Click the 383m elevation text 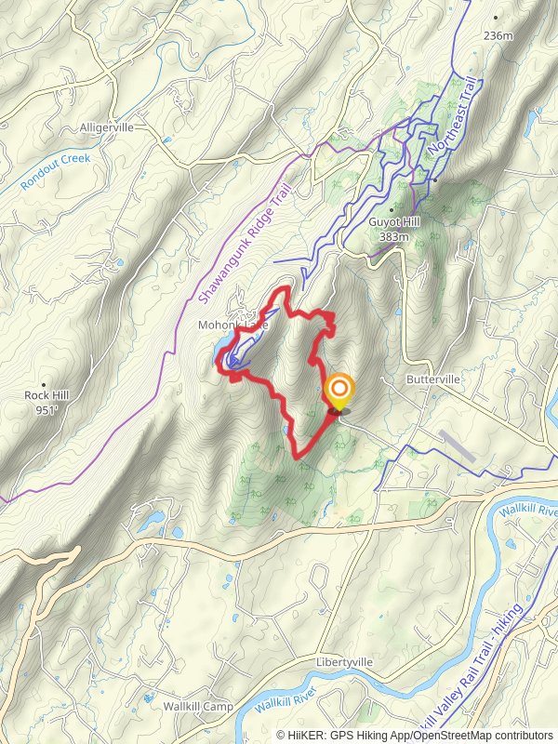pyautogui.click(x=394, y=237)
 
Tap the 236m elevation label pyautogui.click(x=498, y=36)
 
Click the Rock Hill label pyautogui.click(x=46, y=395)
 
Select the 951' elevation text pyautogui.click(x=46, y=409)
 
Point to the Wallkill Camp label pyautogui.click(x=198, y=707)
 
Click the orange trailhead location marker pyautogui.click(x=339, y=390)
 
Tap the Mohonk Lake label pyautogui.click(x=232, y=325)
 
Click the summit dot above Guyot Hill pyautogui.click(x=392, y=209)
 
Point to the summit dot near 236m pyautogui.click(x=496, y=17)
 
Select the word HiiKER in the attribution pyautogui.click(x=306, y=735)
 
